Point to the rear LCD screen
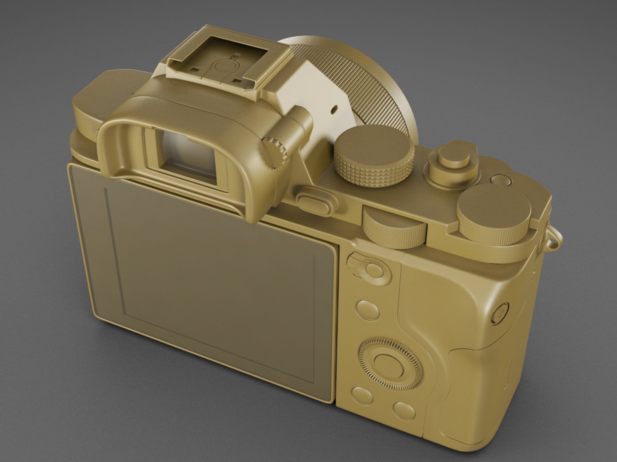(206, 291)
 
